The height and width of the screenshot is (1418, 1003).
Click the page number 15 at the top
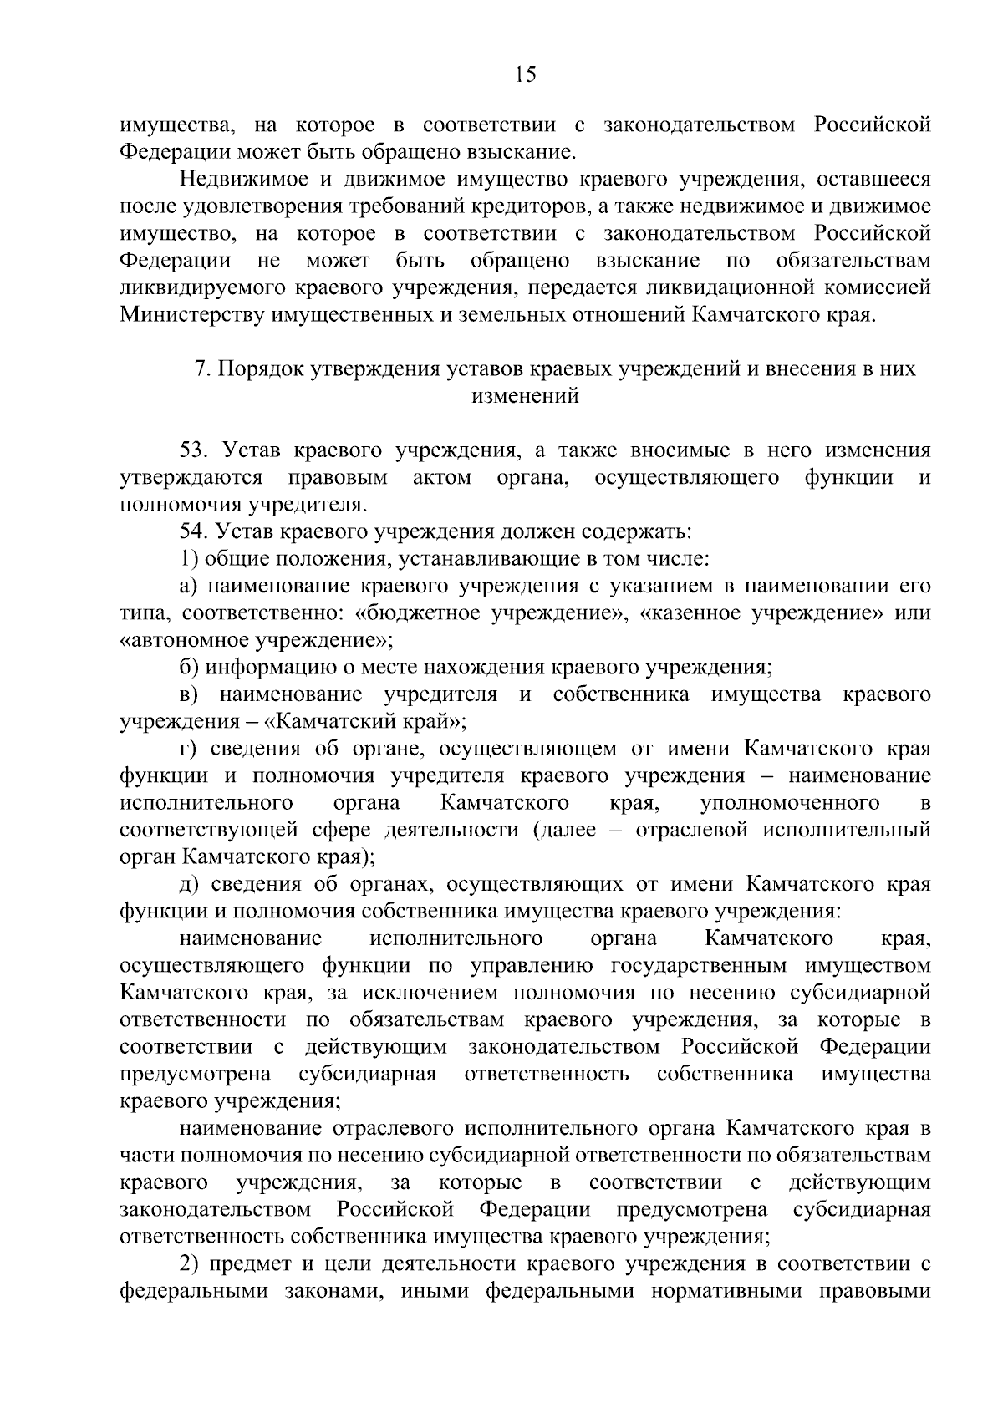[x=525, y=74]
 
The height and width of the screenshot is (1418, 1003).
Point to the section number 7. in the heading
[x=201, y=369]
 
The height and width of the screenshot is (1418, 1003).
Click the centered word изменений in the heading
[x=525, y=396]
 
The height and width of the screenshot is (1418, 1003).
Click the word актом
[x=442, y=477]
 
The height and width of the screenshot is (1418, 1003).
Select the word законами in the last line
[x=341, y=1292]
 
